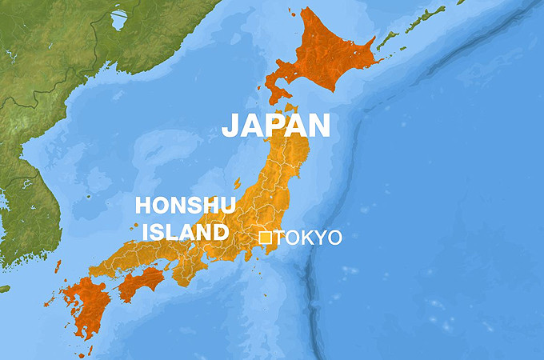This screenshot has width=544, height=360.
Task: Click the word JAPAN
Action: pyautogui.click(x=275, y=126)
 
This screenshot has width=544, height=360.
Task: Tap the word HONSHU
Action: pyautogui.click(x=185, y=206)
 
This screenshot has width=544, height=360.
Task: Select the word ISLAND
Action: pyautogui.click(x=185, y=232)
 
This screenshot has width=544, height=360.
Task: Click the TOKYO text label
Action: pyautogui.click(x=308, y=238)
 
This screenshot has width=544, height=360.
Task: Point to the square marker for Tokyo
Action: pyautogui.click(x=265, y=238)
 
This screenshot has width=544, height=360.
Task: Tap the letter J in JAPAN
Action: pyautogui.click(x=229, y=126)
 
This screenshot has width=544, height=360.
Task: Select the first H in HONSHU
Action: pyautogui.click(x=143, y=206)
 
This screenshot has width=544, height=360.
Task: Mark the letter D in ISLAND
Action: pyautogui.click(x=218, y=232)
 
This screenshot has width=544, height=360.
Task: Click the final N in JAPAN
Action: pyautogui.click(x=319, y=126)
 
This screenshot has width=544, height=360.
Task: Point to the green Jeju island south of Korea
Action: pyautogui.click(x=4, y=288)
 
